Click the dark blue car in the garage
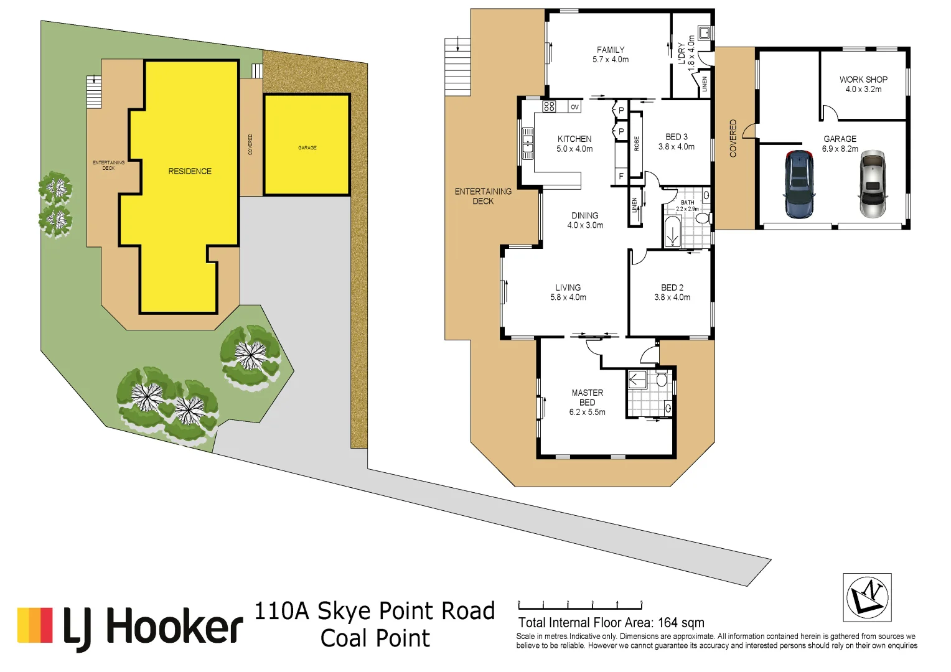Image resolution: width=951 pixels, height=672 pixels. click(799, 184)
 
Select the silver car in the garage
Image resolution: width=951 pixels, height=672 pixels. click(872, 184)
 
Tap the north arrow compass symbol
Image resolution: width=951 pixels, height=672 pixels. click(867, 597)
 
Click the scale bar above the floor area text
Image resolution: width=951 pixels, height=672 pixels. click(579, 605)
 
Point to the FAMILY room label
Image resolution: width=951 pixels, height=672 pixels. click(610, 50)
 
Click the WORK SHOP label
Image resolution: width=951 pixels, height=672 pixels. click(863, 80)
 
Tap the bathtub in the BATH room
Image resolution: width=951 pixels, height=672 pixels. click(672, 232)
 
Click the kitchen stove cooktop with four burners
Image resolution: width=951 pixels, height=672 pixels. click(549, 106)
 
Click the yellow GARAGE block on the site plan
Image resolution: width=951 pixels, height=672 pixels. click(306, 145)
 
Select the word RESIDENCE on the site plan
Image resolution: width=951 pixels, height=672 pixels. click(190, 171)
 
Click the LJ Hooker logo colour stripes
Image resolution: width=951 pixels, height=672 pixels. click(35, 625)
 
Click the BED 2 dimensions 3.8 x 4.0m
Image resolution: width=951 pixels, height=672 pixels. click(672, 297)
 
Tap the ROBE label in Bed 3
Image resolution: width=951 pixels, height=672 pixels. click(636, 144)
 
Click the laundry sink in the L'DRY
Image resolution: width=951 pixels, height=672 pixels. click(705, 32)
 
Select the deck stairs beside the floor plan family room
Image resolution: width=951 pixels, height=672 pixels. click(457, 66)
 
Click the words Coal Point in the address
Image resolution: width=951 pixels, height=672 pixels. click(375, 638)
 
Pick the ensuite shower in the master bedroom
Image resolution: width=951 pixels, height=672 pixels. click(637, 379)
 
